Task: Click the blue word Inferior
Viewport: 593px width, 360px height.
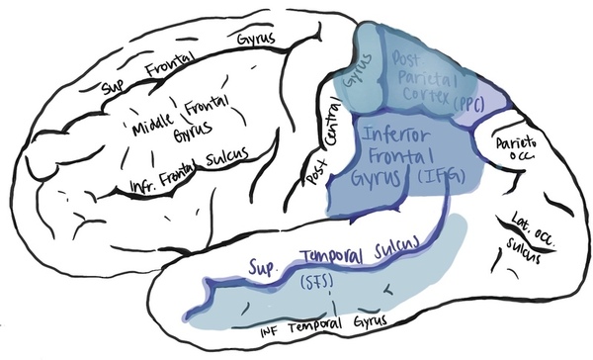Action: point(400,134)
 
